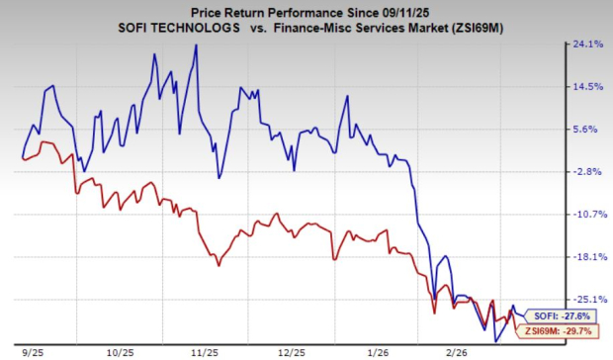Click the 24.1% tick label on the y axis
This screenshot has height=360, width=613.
click(587, 45)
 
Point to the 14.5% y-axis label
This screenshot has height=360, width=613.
click(587, 87)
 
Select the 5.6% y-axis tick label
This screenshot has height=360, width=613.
click(588, 130)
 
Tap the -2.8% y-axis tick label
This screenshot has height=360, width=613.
click(587, 172)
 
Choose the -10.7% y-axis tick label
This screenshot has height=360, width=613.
click(586, 215)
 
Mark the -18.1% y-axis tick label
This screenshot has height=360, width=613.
click(586, 257)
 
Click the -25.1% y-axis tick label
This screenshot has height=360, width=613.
click(586, 300)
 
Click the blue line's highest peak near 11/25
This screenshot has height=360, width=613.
click(196, 46)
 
